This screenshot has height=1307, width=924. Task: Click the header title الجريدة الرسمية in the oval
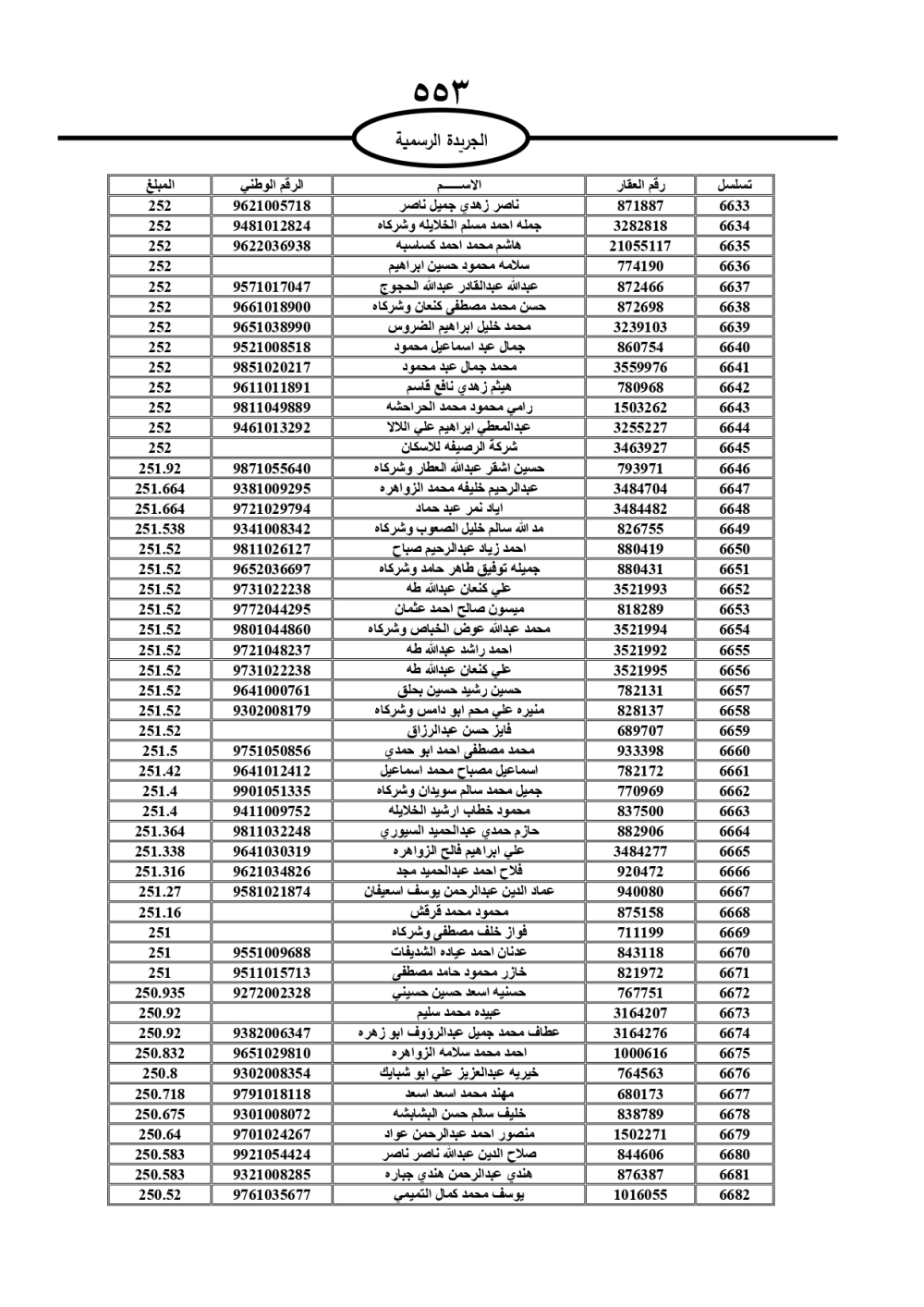coord(442,141)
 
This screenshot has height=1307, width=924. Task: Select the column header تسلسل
coord(735,185)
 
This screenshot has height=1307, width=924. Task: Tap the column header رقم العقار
coord(640,185)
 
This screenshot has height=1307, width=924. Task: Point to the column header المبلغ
coord(160,185)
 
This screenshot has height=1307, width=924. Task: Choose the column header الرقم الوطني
coord(272,185)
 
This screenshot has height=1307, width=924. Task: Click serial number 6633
coord(735,206)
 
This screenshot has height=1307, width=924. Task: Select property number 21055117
coord(640,246)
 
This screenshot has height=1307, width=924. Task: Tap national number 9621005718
coord(272,206)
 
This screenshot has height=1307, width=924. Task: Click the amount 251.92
coord(160,469)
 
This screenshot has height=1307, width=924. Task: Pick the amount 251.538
coord(160,529)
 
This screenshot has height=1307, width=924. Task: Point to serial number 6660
coord(735,751)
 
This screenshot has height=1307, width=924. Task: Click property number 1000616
coord(640,1054)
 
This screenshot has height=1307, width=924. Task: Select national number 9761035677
coord(272,1195)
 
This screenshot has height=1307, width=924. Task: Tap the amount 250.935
coord(160,993)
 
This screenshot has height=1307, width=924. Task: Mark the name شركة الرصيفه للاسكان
coord(459,448)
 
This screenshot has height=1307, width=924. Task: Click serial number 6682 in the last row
coord(735,1195)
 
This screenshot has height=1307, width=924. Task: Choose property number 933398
coord(640,751)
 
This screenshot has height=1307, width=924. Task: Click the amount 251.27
coord(160,892)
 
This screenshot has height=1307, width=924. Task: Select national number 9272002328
coord(272,993)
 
